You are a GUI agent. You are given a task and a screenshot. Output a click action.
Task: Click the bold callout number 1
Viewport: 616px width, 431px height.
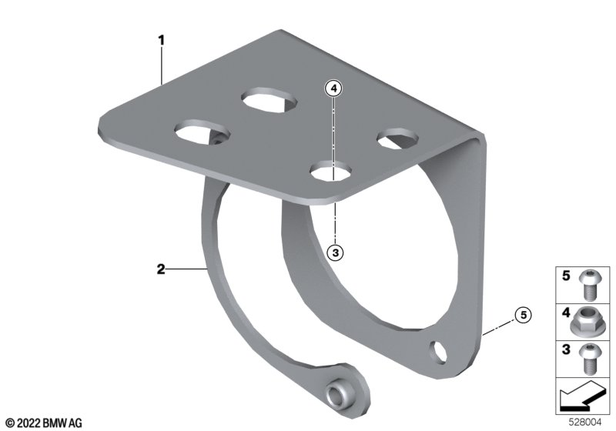[x=161, y=40]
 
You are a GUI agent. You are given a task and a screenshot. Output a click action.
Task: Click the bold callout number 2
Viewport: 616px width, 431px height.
[x=161, y=269]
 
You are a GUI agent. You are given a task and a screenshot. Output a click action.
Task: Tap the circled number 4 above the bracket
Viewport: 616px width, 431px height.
[x=333, y=89]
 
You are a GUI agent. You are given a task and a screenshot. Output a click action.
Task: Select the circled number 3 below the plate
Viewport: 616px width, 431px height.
[x=335, y=252]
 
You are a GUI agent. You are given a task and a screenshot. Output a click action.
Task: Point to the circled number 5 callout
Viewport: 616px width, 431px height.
[x=524, y=315]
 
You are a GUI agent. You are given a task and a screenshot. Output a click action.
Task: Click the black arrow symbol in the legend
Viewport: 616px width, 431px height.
[x=581, y=396]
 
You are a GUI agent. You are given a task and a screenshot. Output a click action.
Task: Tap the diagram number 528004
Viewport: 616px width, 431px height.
[x=585, y=423]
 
